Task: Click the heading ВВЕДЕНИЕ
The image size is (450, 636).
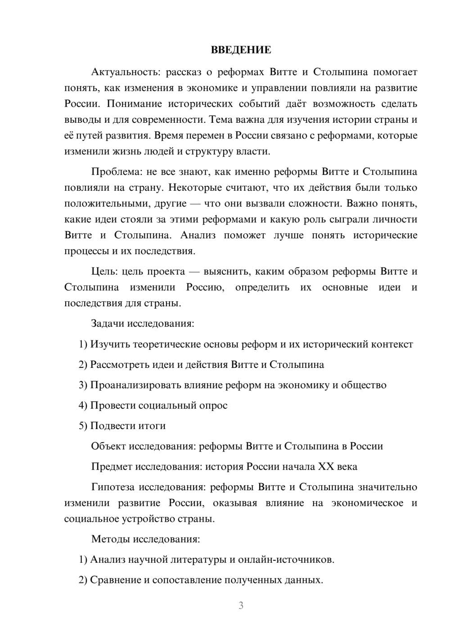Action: tap(241, 50)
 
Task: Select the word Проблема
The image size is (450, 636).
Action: tap(114, 172)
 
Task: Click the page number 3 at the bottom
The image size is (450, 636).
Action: tap(241, 605)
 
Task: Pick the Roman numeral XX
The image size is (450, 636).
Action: tap(326, 466)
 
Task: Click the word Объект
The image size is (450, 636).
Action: tap(108, 446)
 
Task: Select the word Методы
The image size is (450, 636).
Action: tap(108, 539)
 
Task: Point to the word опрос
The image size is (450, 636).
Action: tap(213, 405)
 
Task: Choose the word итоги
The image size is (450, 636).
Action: tap(153, 426)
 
